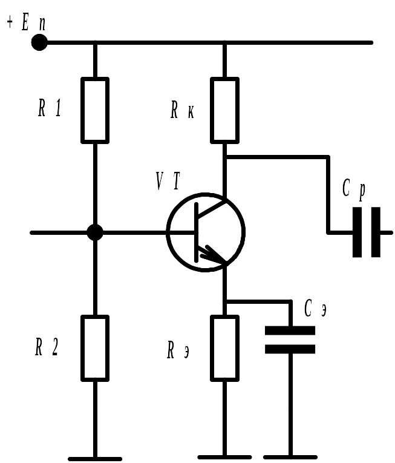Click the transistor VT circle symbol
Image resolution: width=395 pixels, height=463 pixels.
pyautogui.click(x=167, y=232)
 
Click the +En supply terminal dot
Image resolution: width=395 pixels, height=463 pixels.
pyautogui.click(x=39, y=42)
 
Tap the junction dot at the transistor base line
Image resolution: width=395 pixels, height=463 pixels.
pyautogui.click(x=95, y=232)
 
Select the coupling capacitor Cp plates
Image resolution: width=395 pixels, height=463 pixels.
pyautogui.click(x=367, y=232)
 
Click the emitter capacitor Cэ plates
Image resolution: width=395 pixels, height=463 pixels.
pyautogui.click(x=290, y=340)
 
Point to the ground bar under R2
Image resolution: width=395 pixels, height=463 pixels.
pyautogui.click(x=95, y=459)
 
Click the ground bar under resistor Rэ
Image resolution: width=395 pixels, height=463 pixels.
pyautogui.click(x=224, y=458)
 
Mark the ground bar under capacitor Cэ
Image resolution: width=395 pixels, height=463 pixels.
pyautogui.click(x=290, y=458)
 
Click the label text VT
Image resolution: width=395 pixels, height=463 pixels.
pyautogui.click(x=168, y=181)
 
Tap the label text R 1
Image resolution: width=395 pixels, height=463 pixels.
pyautogui.click(x=50, y=108)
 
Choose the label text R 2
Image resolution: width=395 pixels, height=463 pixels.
pyautogui.click(x=47, y=346)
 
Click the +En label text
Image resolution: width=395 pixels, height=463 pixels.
pyautogui.click(x=26, y=22)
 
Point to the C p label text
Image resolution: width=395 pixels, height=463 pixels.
pyautogui.click(x=354, y=190)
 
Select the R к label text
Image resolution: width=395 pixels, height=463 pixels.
pyautogui.click(x=182, y=110)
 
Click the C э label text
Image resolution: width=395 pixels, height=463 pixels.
pyautogui.click(x=315, y=308)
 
